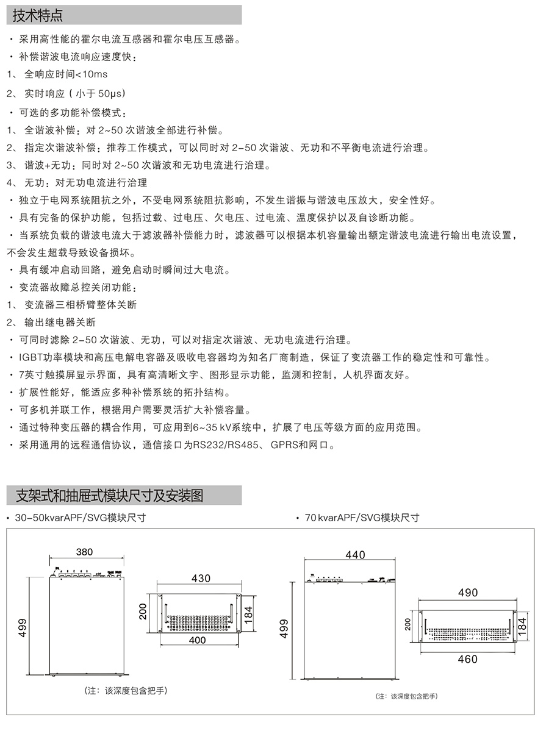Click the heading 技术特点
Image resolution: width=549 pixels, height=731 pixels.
[x=38, y=15]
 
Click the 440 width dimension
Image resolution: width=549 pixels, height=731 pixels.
[x=355, y=555]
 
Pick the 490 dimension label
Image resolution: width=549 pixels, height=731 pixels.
[x=468, y=593]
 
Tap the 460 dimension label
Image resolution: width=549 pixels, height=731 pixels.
[x=467, y=659]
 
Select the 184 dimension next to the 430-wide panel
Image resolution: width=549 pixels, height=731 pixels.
[x=248, y=613]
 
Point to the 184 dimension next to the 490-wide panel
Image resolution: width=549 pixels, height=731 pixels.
[x=522, y=624]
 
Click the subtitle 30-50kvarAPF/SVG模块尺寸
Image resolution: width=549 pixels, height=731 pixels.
[x=80, y=518]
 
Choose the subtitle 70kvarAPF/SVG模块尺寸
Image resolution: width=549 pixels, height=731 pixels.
[x=362, y=518]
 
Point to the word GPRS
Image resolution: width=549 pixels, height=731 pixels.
[x=284, y=446]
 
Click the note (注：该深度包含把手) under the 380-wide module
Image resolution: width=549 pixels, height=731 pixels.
[x=126, y=691]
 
